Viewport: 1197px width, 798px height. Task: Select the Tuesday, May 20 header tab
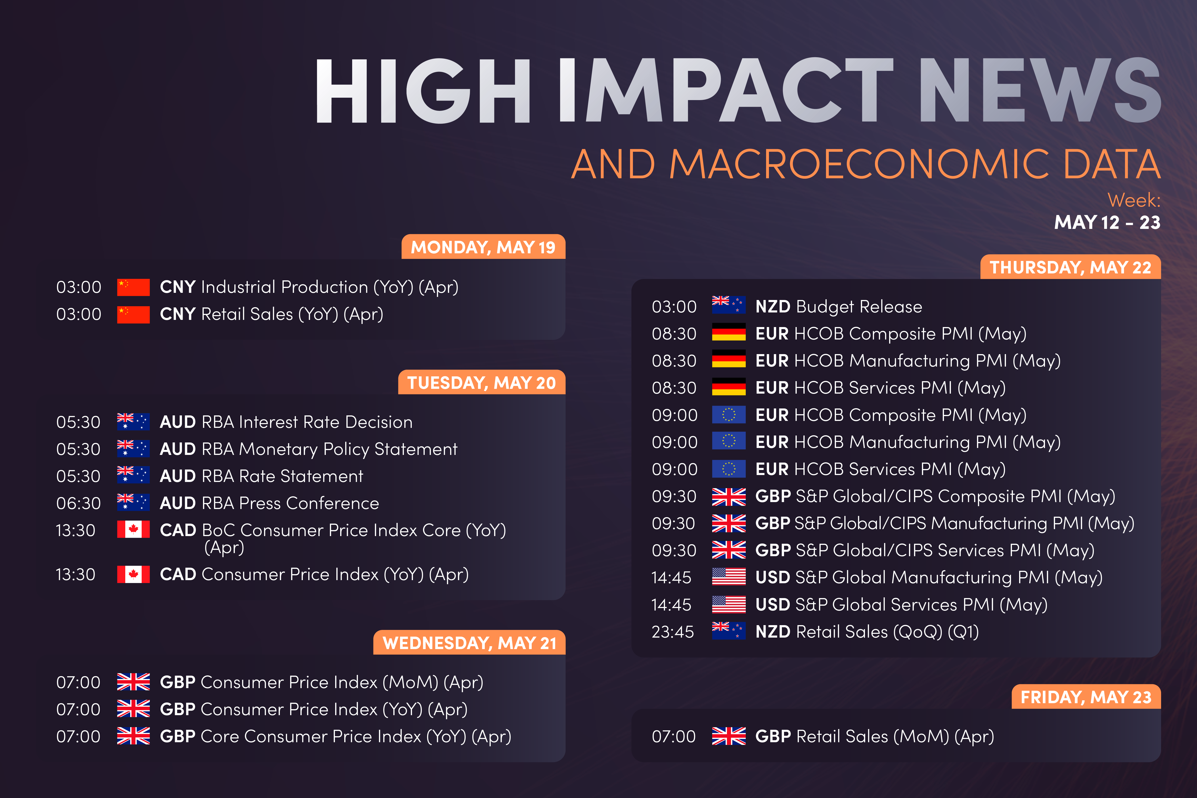481,382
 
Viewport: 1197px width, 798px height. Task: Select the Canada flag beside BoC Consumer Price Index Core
133,529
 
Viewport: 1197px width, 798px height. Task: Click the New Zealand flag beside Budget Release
729,304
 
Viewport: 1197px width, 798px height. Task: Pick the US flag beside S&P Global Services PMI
729,604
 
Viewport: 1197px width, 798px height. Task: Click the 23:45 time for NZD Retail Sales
672,632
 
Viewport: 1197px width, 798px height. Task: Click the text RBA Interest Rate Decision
307,422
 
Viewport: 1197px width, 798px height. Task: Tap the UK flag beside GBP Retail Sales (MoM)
729,736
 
